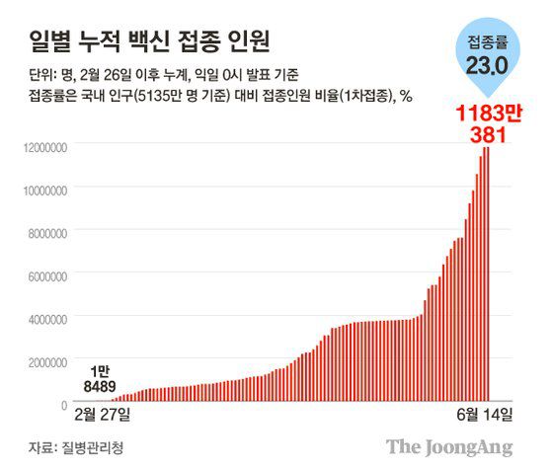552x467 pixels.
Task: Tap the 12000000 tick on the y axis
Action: [x=41, y=147]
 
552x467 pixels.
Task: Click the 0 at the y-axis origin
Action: [x=63, y=406]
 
